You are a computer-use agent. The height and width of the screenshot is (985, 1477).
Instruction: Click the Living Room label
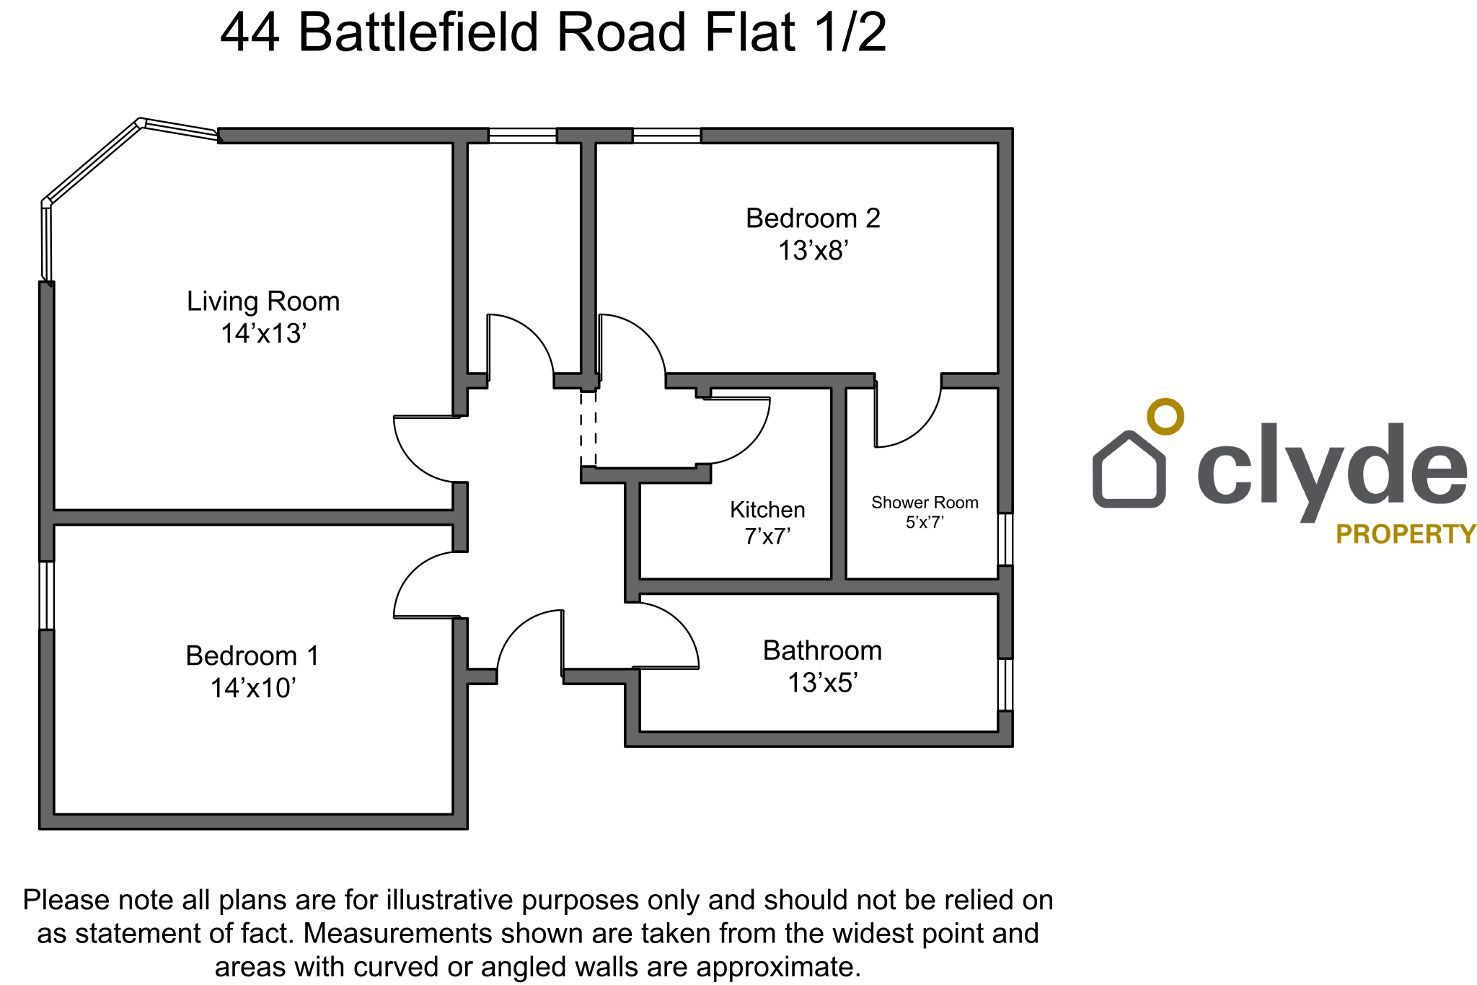point(263,301)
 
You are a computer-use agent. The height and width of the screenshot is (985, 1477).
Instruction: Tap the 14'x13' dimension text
point(263,334)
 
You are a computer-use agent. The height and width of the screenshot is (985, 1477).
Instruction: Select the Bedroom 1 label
point(252,656)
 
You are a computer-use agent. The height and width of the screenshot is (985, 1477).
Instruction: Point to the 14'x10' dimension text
point(252,689)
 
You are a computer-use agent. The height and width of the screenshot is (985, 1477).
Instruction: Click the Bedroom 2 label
point(813,218)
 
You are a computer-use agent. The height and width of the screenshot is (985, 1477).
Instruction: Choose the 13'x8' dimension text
point(813,251)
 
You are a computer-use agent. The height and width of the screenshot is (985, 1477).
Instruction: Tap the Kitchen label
point(767,510)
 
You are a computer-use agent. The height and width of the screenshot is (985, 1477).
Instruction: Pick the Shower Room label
point(925,503)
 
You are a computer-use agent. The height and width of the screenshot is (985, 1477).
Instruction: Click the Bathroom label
point(822,650)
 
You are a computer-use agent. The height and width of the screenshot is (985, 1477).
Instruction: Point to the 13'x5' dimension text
point(822,683)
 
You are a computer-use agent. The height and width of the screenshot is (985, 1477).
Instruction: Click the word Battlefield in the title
point(418,33)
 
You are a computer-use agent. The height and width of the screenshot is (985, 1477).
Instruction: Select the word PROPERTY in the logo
point(1406,534)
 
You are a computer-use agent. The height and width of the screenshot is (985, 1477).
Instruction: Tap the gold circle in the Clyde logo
point(1165,417)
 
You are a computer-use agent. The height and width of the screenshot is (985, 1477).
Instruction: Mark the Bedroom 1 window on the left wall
point(46,596)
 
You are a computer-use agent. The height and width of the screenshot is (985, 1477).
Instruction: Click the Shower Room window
point(1005,539)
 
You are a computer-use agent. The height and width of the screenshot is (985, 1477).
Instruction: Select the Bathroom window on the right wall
point(1005,684)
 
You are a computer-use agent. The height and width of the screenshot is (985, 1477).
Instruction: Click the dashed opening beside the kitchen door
point(588,430)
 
